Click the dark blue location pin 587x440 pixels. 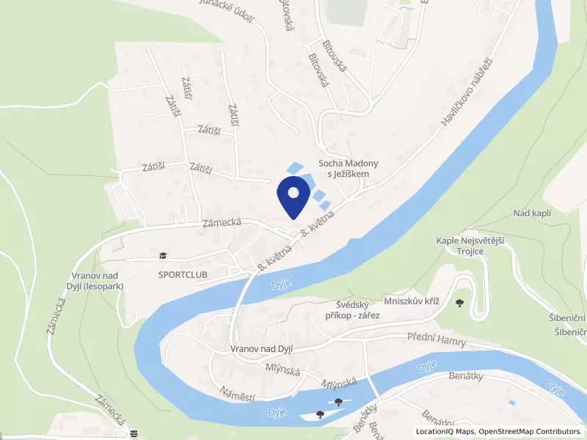coord(293,197)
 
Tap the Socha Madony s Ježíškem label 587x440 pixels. coord(348,169)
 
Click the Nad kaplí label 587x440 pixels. coord(532,213)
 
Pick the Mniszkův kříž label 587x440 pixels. coord(411,301)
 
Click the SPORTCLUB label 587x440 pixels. coord(183,274)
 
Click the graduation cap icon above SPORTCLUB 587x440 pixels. coord(162,256)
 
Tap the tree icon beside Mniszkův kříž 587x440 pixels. coord(460,301)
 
